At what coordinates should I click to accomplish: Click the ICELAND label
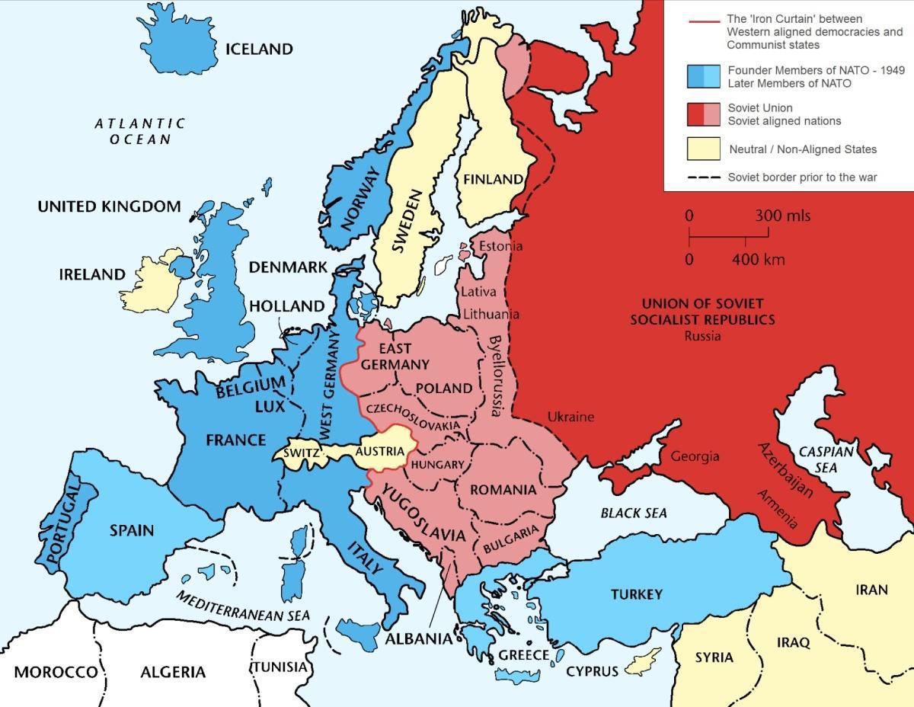point(259,50)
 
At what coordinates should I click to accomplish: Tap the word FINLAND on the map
point(493,180)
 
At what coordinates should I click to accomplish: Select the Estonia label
point(500,246)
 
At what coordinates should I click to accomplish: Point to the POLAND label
point(444,388)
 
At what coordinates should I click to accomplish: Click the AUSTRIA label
point(379,451)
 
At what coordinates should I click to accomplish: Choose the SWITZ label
point(299,453)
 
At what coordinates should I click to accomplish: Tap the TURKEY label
point(636,593)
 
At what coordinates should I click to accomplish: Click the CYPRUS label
point(592,671)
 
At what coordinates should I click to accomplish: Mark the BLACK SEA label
point(634,513)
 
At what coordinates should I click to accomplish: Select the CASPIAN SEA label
point(826,459)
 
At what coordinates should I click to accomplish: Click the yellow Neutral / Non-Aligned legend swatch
point(704,149)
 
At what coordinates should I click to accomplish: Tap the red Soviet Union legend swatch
point(695,114)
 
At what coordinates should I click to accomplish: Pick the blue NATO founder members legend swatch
point(695,77)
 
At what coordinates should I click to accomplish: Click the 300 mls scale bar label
point(782,216)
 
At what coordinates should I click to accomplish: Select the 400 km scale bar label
point(758,259)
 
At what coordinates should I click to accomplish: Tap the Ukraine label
point(570,417)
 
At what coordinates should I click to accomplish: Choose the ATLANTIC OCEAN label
point(140,131)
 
